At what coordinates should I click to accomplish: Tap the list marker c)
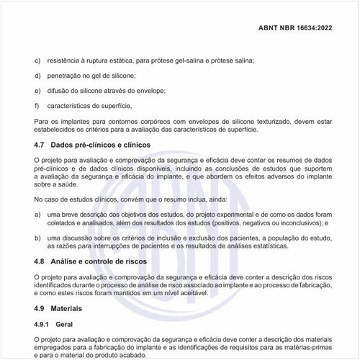[x=37, y=60]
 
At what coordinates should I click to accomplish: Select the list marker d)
[x=37, y=76]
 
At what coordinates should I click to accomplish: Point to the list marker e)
[x=37, y=91]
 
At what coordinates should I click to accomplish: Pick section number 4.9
[x=40, y=308]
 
